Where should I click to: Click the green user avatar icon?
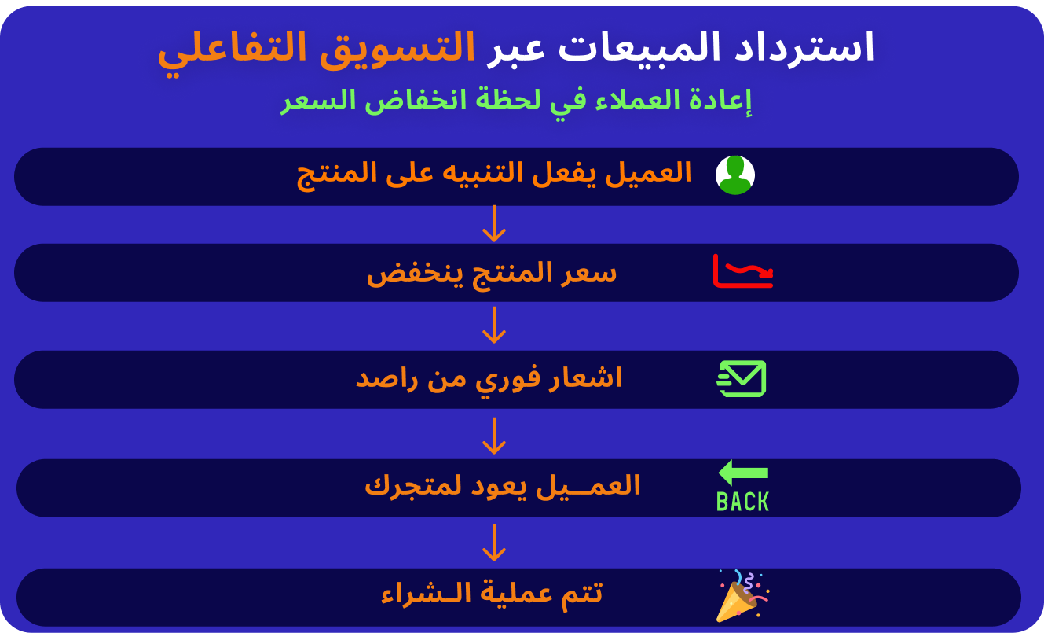(x=735, y=175)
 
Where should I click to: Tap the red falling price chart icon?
(x=743, y=271)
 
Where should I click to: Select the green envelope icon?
(x=742, y=378)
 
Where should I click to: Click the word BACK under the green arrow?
(x=743, y=502)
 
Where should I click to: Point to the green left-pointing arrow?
(x=743, y=473)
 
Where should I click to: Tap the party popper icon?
(x=742, y=596)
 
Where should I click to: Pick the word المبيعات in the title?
(x=639, y=48)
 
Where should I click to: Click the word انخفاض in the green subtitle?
(x=416, y=101)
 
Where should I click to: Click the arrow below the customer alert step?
(x=494, y=224)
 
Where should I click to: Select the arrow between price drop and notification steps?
(x=494, y=325)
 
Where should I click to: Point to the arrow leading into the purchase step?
(x=494, y=543)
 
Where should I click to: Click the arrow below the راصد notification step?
(x=494, y=436)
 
